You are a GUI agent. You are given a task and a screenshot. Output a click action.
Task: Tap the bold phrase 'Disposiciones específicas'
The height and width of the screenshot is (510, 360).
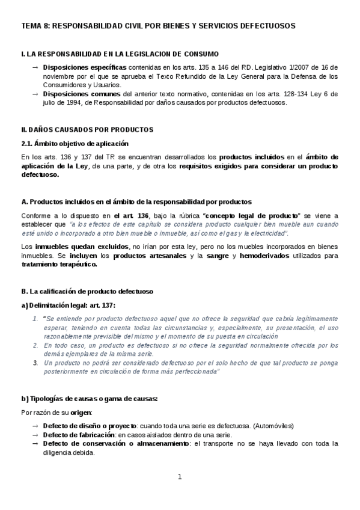76,67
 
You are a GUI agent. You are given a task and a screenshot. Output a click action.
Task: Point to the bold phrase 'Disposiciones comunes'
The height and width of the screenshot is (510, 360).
72,94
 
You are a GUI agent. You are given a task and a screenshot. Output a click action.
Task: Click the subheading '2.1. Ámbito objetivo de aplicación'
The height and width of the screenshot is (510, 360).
75,143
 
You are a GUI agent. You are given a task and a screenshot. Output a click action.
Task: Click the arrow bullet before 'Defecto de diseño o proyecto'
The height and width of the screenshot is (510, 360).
35,426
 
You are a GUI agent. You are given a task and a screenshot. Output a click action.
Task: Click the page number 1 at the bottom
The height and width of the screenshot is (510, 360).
179,478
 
